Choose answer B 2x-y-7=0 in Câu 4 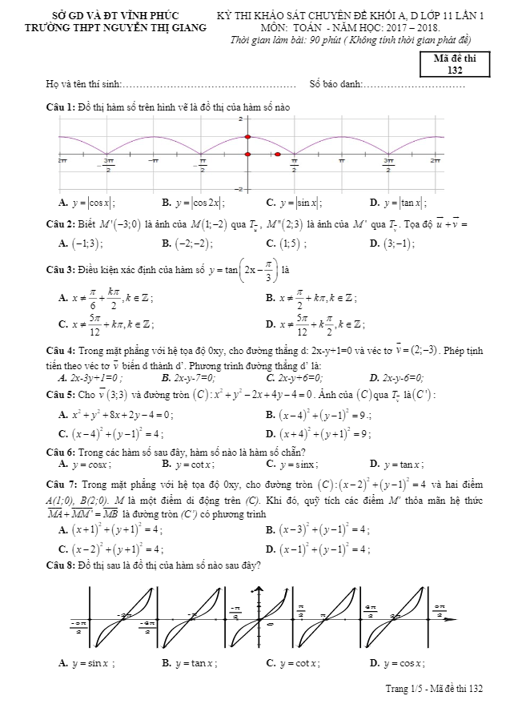pos(192,378)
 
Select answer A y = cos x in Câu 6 pos(82,464)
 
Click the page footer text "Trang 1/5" pos(405,689)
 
